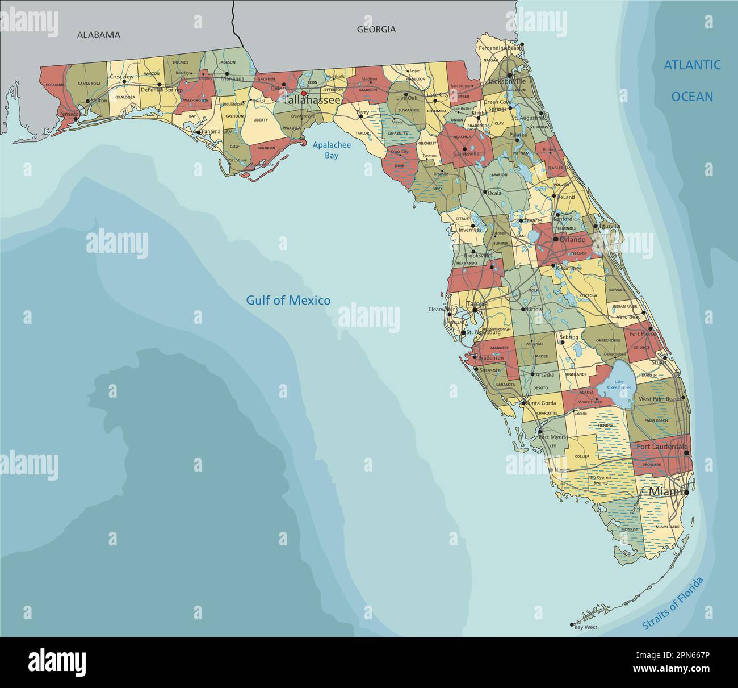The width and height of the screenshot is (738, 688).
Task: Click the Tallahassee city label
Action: pos(312,101)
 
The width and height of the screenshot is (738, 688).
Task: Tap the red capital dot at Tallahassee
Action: pos(304,94)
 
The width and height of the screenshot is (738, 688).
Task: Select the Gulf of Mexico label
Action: pos(288,301)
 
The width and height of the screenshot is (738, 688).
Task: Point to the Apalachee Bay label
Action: pos(332,150)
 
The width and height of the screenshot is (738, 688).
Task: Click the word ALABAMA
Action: pos(99,35)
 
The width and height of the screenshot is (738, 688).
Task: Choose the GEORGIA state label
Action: pos(376,30)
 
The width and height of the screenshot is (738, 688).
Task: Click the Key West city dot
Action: pos(572,625)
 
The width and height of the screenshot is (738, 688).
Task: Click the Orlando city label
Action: pos(572,240)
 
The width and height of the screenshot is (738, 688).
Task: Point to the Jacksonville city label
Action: pos(503,82)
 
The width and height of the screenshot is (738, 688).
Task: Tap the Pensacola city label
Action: pos(70,114)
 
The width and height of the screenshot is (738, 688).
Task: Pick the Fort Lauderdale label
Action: pos(661,447)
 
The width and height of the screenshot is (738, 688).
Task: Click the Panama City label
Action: pos(216,131)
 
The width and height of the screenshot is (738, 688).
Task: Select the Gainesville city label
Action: pos(466,153)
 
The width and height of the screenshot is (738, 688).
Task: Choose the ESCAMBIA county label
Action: pos(54,85)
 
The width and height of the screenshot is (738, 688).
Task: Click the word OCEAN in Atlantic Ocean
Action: pos(692,97)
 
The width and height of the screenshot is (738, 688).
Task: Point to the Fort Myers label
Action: pos(552,437)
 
